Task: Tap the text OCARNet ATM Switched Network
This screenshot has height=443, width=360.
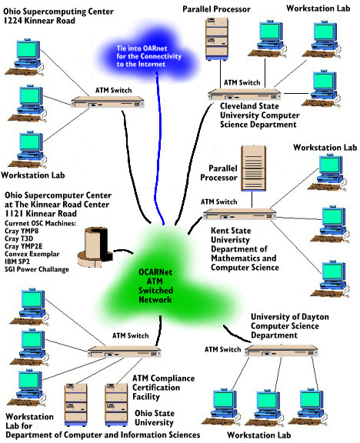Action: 155,286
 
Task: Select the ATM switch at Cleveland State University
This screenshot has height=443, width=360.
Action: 245,95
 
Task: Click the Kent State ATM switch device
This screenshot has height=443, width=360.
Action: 240,214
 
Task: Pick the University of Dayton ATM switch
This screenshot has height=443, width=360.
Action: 282,351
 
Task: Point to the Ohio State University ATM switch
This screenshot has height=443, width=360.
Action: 124,352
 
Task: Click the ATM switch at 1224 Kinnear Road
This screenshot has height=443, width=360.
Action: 108,102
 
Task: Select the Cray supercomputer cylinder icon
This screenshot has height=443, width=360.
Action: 95,247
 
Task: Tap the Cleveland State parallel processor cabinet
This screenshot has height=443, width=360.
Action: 217,38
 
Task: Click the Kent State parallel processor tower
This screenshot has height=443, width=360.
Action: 253,168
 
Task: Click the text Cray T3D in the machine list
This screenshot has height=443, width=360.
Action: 19,238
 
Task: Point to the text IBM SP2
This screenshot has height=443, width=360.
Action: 17,261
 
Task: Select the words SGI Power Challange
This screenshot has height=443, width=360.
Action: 37,269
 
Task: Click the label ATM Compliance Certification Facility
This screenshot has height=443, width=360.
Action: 163,388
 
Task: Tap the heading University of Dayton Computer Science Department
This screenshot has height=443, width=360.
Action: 290,326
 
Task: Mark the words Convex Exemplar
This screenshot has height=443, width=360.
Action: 32,254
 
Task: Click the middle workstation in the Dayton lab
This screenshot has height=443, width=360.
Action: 265,408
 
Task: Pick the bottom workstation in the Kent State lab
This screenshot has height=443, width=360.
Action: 330,279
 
